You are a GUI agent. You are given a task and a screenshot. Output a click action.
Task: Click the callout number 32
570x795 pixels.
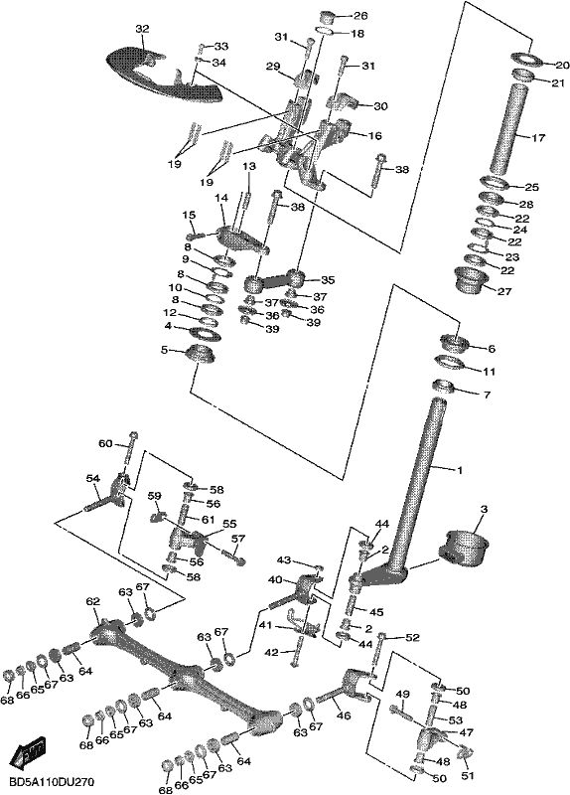tap(142, 29)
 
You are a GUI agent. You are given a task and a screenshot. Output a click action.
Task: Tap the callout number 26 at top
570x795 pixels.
tap(360, 16)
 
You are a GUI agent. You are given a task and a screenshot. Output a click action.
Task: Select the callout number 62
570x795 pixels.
tap(92, 602)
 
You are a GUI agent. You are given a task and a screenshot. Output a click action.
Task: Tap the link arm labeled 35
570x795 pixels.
tap(274, 280)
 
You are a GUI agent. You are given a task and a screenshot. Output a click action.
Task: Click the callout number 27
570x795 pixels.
tap(504, 291)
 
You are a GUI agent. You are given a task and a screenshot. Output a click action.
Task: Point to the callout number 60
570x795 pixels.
tap(105, 444)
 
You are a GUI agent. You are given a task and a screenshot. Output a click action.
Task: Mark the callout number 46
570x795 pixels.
tap(344, 715)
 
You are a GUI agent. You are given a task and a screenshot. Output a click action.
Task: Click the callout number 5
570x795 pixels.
tap(163, 350)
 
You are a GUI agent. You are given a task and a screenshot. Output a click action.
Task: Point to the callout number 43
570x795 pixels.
tap(284, 559)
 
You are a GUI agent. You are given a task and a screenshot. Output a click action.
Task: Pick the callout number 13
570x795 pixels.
tap(249, 166)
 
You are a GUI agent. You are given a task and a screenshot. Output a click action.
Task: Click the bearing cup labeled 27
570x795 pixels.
tap(472, 279)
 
